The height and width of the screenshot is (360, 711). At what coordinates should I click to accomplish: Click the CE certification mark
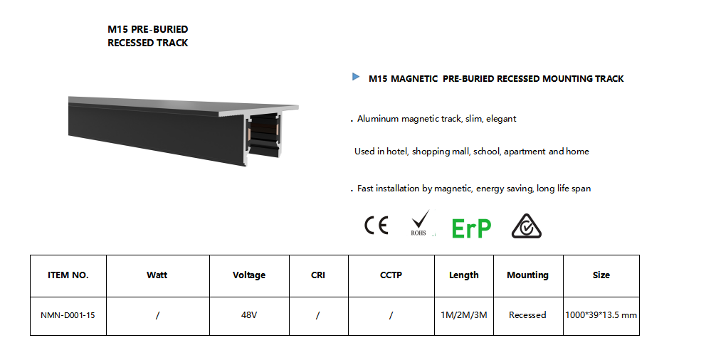376,226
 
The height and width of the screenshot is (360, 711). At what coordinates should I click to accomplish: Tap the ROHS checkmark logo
419,223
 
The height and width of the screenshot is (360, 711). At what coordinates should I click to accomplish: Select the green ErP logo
471,228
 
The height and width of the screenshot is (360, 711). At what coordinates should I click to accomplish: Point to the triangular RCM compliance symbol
527,226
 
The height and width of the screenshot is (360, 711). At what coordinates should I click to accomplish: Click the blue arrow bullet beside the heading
356,77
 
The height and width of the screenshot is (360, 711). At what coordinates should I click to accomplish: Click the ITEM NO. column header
68,275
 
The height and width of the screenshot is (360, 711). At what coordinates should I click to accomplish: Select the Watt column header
157,275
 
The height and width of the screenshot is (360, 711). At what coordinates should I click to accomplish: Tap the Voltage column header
249,275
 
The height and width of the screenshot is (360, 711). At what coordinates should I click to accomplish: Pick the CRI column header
318,275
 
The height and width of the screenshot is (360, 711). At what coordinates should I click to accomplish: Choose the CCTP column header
391,275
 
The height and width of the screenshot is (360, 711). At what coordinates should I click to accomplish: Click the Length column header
464,275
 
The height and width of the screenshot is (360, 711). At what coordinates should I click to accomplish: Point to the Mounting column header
528,275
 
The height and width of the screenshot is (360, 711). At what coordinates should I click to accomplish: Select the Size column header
601,275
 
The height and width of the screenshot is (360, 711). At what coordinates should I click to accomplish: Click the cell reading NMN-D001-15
68,315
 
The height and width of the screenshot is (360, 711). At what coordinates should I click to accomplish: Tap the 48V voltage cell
249,315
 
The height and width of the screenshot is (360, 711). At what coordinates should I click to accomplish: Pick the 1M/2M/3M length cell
464,315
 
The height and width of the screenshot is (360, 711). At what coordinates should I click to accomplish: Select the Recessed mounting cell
527,315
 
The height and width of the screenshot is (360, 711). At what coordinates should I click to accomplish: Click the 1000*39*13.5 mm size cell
601,315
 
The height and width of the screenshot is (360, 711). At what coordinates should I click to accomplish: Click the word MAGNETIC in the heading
414,79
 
